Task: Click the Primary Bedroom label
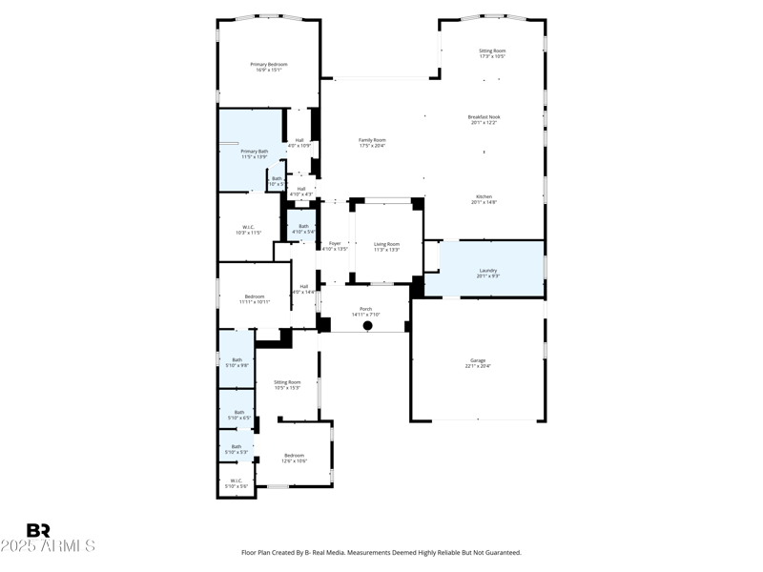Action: (269, 65)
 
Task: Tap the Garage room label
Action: (478, 360)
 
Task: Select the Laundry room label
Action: (488, 270)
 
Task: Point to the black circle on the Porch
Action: (367, 325)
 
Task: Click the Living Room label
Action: (386, 244)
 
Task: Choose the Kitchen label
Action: (484, 196)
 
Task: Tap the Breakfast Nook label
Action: (485, 117)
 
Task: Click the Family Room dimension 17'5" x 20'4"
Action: (372, 146)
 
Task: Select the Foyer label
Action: (335, 243)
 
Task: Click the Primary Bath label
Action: (255, 152)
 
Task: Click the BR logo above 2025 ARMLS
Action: (38, 530)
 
